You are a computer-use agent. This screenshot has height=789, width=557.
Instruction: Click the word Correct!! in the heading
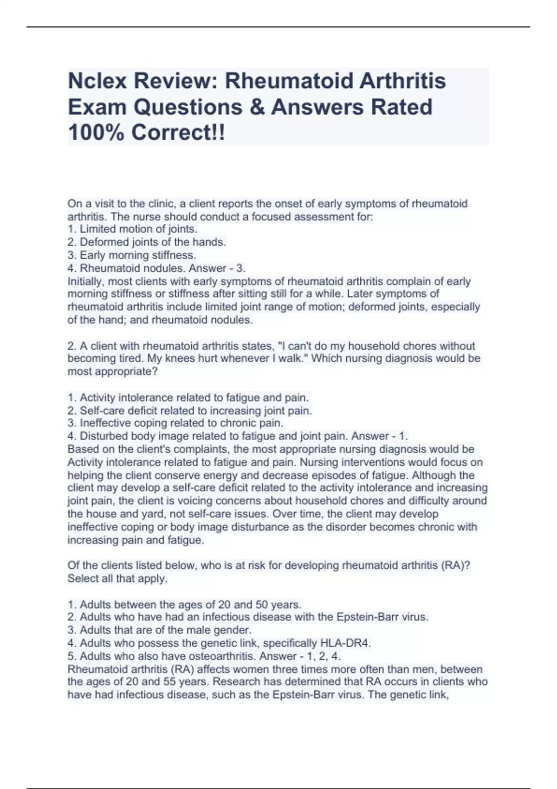(x=178, y=133)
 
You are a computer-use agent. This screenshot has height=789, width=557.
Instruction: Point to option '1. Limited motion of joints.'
(x=132, y=229)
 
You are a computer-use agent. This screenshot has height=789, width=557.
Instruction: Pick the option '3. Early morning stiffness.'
(x=132, y=255)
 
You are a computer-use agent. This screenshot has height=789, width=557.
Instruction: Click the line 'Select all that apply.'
(x=117, y=579)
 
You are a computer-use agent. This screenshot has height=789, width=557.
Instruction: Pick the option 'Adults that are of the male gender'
(x=160, y=630)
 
